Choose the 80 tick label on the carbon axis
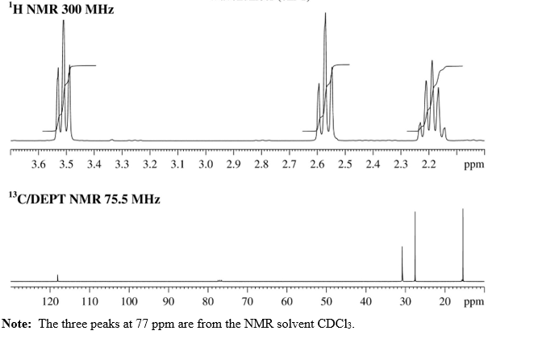tap(207, 301)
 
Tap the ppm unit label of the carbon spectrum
tap(475, 301)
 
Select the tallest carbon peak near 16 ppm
tap(463, 211)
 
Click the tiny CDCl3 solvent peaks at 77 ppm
tap(219, 279)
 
